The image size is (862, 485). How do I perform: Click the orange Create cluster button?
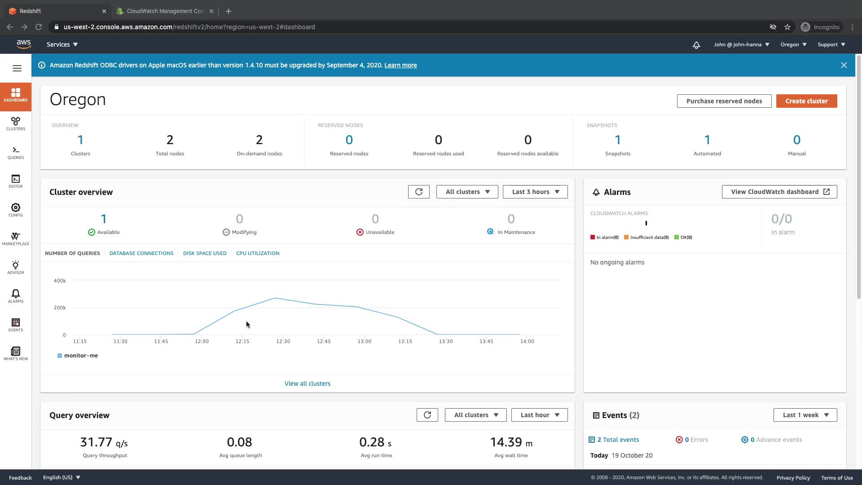tap(806, 101)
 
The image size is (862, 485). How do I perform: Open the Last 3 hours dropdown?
tap(535, 192)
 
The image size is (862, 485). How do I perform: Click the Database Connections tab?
tap(141, 253)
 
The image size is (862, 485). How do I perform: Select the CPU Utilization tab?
tap(258, 253)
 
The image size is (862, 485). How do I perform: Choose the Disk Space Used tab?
tap(205, 253)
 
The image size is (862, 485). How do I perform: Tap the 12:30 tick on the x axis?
tap(283, 341)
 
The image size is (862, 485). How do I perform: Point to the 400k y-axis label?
tap(60, 281)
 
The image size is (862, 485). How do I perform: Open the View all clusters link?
tap(308, 384)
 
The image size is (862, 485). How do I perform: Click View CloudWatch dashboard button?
tap(779, 192)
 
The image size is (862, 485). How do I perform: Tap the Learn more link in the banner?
tap(400, 65)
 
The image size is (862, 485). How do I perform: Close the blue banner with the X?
tap(844, 65)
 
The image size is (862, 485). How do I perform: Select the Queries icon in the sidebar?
tap(16, 153)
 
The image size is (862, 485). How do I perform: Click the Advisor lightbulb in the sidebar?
tap(16, 267)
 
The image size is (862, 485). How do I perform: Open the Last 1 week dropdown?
tap(805, 415)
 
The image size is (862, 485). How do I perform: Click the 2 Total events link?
tap(618, 440)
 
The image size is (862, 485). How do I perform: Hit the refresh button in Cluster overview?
tap(418, 192)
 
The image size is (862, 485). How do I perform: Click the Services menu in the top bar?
tap(62, 44)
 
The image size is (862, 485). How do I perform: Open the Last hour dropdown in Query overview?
tap(539, 415)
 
